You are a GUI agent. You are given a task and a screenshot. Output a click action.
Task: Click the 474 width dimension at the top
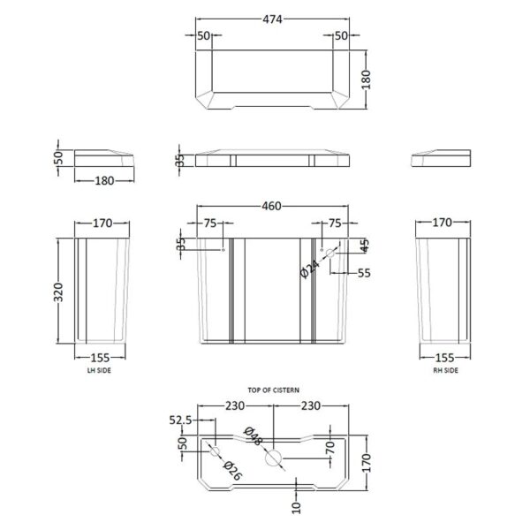tap(272, 19)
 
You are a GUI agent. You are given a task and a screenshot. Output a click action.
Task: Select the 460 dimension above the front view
tap(271, 206)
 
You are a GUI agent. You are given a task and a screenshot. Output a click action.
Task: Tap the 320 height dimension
tap(58, 292)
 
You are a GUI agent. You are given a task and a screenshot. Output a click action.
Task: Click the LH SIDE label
tap(99, 370)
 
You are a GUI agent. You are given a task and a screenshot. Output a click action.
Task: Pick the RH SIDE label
tap(446, 370)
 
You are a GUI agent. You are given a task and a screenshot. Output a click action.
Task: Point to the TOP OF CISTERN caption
tap(274, 390)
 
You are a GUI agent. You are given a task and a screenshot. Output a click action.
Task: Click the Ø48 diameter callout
tap(254, 436)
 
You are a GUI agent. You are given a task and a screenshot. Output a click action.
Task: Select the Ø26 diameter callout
tap(233, 471)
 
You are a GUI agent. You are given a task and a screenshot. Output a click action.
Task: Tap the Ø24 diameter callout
tap(309, 269)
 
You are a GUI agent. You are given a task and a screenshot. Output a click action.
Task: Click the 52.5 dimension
tap(180, 420)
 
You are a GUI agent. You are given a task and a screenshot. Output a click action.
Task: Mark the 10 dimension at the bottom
tap(296, 508)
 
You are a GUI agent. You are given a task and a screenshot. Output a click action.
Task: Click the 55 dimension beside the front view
tap(364, 273)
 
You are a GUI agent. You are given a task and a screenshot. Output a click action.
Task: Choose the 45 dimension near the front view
tap(364, 246)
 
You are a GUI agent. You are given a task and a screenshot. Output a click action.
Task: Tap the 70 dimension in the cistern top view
tap(330, 448)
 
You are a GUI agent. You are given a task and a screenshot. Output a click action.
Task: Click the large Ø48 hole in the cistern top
tap(274, 458)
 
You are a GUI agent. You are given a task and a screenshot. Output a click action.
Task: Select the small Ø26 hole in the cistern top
tap(215, 451)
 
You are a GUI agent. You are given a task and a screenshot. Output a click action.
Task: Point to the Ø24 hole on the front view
tap(330, 253)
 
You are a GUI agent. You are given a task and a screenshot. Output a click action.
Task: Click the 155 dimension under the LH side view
tap(100, 357)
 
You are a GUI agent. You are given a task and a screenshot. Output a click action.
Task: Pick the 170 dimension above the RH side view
tap(443, 222)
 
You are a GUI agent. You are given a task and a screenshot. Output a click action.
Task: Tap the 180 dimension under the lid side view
tap(104, 180)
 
